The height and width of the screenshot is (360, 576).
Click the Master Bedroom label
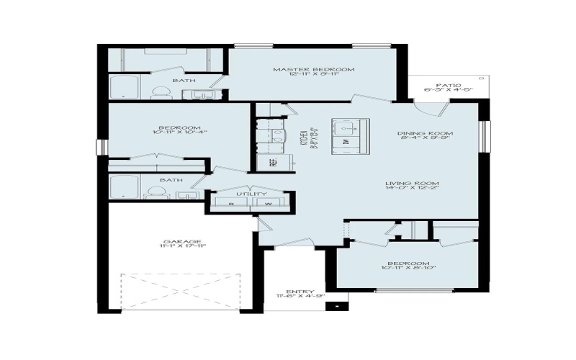(314, 69)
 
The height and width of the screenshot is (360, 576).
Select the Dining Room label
(425, 133)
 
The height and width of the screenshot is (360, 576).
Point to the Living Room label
(412, 184)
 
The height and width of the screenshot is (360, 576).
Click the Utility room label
(251, 194)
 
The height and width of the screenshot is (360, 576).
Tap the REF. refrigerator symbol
(274, 162)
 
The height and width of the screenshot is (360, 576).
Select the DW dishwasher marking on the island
(346, 143)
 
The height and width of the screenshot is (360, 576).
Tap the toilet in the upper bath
(161, 92)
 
